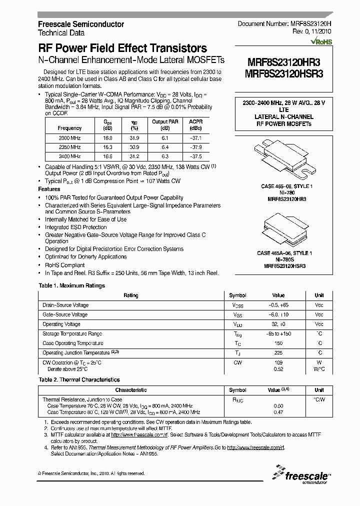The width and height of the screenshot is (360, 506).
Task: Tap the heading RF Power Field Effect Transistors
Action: pyautogui.click(x=122, y=48)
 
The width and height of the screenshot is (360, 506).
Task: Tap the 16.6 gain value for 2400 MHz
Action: pyautogui.click(x=108, y=156)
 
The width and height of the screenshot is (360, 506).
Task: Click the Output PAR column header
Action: pyautogui.click(x=164, y=124)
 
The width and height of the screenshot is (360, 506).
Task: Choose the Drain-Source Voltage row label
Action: pyautogui.click(x=65, y=305)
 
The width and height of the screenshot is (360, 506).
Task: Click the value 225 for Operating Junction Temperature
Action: pyautogui.click(x=278, y=353)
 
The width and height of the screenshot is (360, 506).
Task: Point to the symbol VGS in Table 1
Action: pyautogui.click(x=237, y=315)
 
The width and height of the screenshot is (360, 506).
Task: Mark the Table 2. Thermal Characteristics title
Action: pyautogui.click(x=79, y=380)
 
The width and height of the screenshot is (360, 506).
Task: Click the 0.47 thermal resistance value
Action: pyautogui.click(x=278, y=412)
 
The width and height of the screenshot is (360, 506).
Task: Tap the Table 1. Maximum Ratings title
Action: pyautogui.click(x=72, y=285)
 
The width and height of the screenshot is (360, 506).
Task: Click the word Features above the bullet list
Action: pyautogui.click(x=49, y=189)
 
